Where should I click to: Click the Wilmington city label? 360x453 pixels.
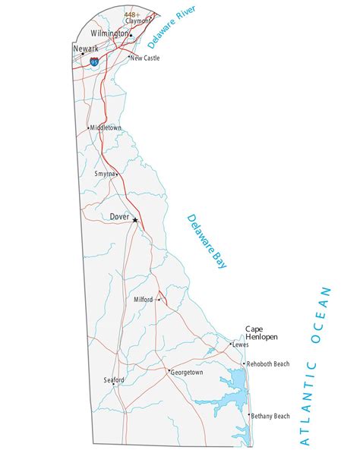[109, 33]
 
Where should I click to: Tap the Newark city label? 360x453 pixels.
[85, 49]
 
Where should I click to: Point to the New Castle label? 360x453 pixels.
[146, 58]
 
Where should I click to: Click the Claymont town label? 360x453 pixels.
[137, 21]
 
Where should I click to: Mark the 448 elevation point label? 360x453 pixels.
[132, 14]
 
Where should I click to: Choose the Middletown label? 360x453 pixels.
[106, 127]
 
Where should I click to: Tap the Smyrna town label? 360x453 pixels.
[104, 174]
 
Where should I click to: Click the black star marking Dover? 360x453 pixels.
[135, 221]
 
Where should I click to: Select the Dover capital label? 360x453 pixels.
[119, 217]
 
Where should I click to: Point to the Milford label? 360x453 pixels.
[144, 300]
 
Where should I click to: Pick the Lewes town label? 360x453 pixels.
[241, 344]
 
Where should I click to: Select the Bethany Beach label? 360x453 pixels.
[270, 416]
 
